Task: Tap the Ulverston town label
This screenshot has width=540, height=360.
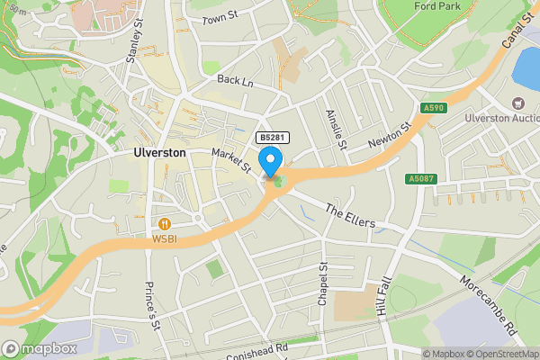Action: (x=159, y=153)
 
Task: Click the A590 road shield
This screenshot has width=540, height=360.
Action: (x=434, y=108)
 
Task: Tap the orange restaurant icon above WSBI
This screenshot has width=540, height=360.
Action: (x=164, y=223)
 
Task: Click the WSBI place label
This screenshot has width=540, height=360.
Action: (x=164, y=238)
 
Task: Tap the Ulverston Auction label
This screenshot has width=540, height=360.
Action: (x=502, y=117)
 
